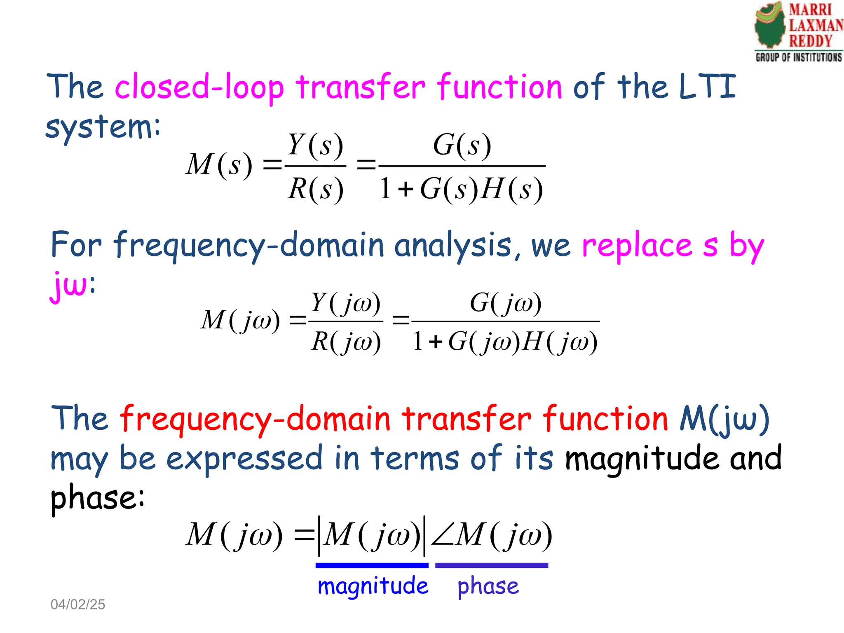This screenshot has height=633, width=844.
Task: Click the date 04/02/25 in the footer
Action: [x=77, y=604]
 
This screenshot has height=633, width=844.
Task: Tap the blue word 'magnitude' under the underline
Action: [x=373, y=586]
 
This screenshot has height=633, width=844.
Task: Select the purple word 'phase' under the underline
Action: [x=488, y=586]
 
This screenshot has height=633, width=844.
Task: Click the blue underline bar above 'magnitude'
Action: [x=372, y=565]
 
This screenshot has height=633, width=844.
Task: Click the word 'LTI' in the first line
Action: [x=707, y=87]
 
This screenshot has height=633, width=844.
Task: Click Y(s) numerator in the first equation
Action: [x=315, y=145]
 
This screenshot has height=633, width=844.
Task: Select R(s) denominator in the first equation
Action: [x=315, y=189]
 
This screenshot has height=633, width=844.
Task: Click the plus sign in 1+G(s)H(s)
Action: [x=406, y=190]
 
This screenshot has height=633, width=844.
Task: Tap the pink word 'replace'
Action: [x=637, y=246]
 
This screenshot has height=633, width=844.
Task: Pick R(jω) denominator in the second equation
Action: [x=346, y=342]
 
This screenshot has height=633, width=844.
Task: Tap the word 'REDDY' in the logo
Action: [x=810, y=41]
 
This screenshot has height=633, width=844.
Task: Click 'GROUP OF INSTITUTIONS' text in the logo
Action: [x=798, y=57]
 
